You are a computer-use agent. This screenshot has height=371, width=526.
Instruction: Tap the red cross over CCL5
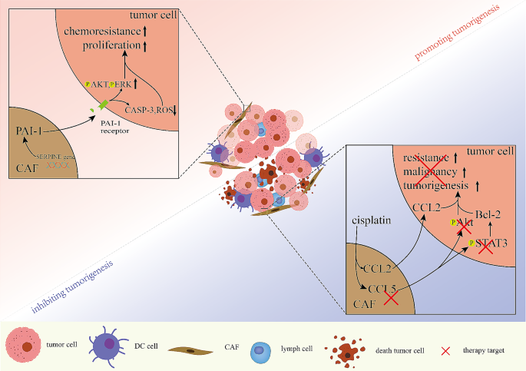pos(390,296)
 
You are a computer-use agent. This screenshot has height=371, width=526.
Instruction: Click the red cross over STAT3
pos(485,247)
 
